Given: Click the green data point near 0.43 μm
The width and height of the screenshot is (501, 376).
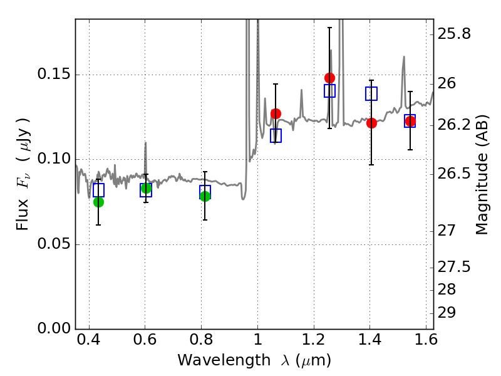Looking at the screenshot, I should pyautogui.click(x=98, y=202).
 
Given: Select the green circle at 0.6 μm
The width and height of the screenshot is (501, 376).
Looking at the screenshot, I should pyautogui.click(x=146, y=188).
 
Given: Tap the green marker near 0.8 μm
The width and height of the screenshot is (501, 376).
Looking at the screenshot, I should pyautogui.click(x=205, y=196).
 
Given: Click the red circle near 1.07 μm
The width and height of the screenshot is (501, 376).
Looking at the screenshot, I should pyautogui.click(x=276, y=113).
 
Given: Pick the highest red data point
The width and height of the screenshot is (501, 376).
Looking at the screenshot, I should pyautogui.click(x=329, y=78).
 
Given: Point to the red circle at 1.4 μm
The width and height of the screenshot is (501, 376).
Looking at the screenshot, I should pyautogui.click(x=371, y=123).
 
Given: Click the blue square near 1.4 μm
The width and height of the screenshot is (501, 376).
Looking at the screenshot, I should pyautogui.click(x=371, y=93).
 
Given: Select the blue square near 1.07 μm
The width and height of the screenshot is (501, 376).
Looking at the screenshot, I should pyautogui.click(x=276, y=135).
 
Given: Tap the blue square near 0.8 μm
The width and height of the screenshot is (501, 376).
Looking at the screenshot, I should pyautogui.click(x=205, y=191).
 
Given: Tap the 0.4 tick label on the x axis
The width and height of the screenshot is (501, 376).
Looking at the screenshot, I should pyautogui.click(x=90, y=343).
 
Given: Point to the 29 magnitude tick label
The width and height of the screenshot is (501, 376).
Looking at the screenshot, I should pyautogui.click(x=449, y=312).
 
